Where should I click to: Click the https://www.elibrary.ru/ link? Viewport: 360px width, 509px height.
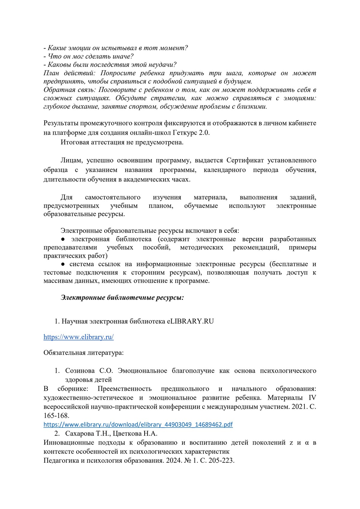[x=79, y=337]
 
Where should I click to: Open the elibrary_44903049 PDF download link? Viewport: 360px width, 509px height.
[x=138, y=424]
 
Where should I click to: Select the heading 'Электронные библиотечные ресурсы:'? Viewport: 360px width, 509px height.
[x=122, y=297]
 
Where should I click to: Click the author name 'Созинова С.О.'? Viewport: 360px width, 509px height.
[x=89, y=371]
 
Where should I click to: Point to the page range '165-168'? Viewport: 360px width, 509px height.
[x=56, y=416]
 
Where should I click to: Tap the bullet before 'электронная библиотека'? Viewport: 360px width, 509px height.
[x=63, y=239]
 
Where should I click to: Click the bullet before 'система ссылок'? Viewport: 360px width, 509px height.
[x=63, y=264]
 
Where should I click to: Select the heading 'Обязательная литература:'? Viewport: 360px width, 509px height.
[x=83, y=352]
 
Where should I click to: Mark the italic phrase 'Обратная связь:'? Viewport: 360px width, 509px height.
[x=70, y=90]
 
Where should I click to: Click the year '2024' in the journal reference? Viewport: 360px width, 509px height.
[x=173, y=460]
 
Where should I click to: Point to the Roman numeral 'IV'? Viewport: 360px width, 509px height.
[x=312, y=398]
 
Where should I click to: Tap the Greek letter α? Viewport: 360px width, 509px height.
[x=307, y=443]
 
